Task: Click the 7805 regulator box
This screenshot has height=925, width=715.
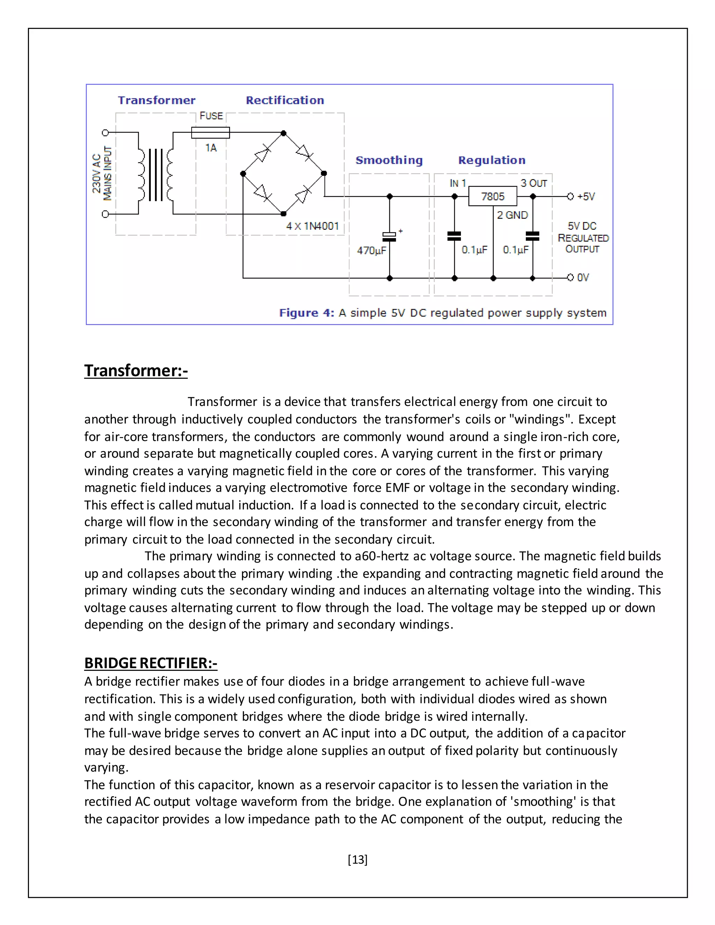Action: point(492,197)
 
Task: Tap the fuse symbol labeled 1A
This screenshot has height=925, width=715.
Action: point(211,133)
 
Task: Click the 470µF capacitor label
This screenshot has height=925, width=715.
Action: point(371,250)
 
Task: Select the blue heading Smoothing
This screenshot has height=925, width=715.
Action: point(389,160)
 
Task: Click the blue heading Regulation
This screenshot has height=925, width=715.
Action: point(492,160)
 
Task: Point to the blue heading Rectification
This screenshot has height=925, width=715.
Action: point(285,101)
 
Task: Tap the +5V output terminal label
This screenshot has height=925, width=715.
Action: point(586,197)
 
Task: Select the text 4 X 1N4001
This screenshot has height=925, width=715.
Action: point(312,226)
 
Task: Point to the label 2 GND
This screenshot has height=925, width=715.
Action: point(512,215)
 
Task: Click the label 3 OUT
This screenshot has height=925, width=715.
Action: point(534,183)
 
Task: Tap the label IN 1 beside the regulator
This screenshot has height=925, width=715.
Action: point(457,183)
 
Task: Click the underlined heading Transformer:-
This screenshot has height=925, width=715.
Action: point(135,371)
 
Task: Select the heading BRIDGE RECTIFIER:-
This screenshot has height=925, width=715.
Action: point(150,663)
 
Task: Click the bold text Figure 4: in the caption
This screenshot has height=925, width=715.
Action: point(306,313)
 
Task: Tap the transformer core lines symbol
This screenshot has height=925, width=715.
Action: point(155,175)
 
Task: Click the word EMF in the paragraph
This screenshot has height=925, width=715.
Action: point(397,488)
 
